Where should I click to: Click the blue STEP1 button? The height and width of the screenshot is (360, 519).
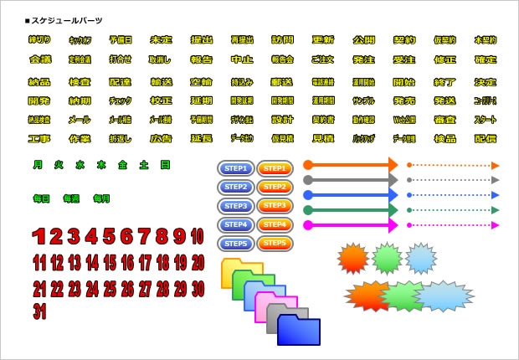coord(235,168)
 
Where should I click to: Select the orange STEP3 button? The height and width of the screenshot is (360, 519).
coord(275,206)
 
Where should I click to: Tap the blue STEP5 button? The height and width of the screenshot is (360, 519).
coord(235,244)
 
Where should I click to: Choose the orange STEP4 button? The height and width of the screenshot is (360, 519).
coord(275,225)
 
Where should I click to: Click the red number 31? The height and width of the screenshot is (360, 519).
coord(39,311)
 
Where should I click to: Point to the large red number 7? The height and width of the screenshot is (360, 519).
coord(144,237)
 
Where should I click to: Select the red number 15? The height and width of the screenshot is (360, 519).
coord(110,263)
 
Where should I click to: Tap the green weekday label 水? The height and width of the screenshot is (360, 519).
coord(80,165)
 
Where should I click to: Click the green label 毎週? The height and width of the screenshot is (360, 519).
coord(71,199)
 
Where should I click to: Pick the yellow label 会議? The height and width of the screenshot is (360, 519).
coord(40,60)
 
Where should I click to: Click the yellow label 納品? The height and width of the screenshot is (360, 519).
coord(39,82)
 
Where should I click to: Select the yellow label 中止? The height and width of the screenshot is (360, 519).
coord(242,60)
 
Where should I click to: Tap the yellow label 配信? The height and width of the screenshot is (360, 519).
coord(485,139)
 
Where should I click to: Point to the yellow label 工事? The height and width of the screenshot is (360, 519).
coord(39,139)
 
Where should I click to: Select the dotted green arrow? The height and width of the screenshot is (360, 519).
coord(452,210)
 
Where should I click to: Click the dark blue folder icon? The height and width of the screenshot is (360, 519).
coord(299,331)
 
